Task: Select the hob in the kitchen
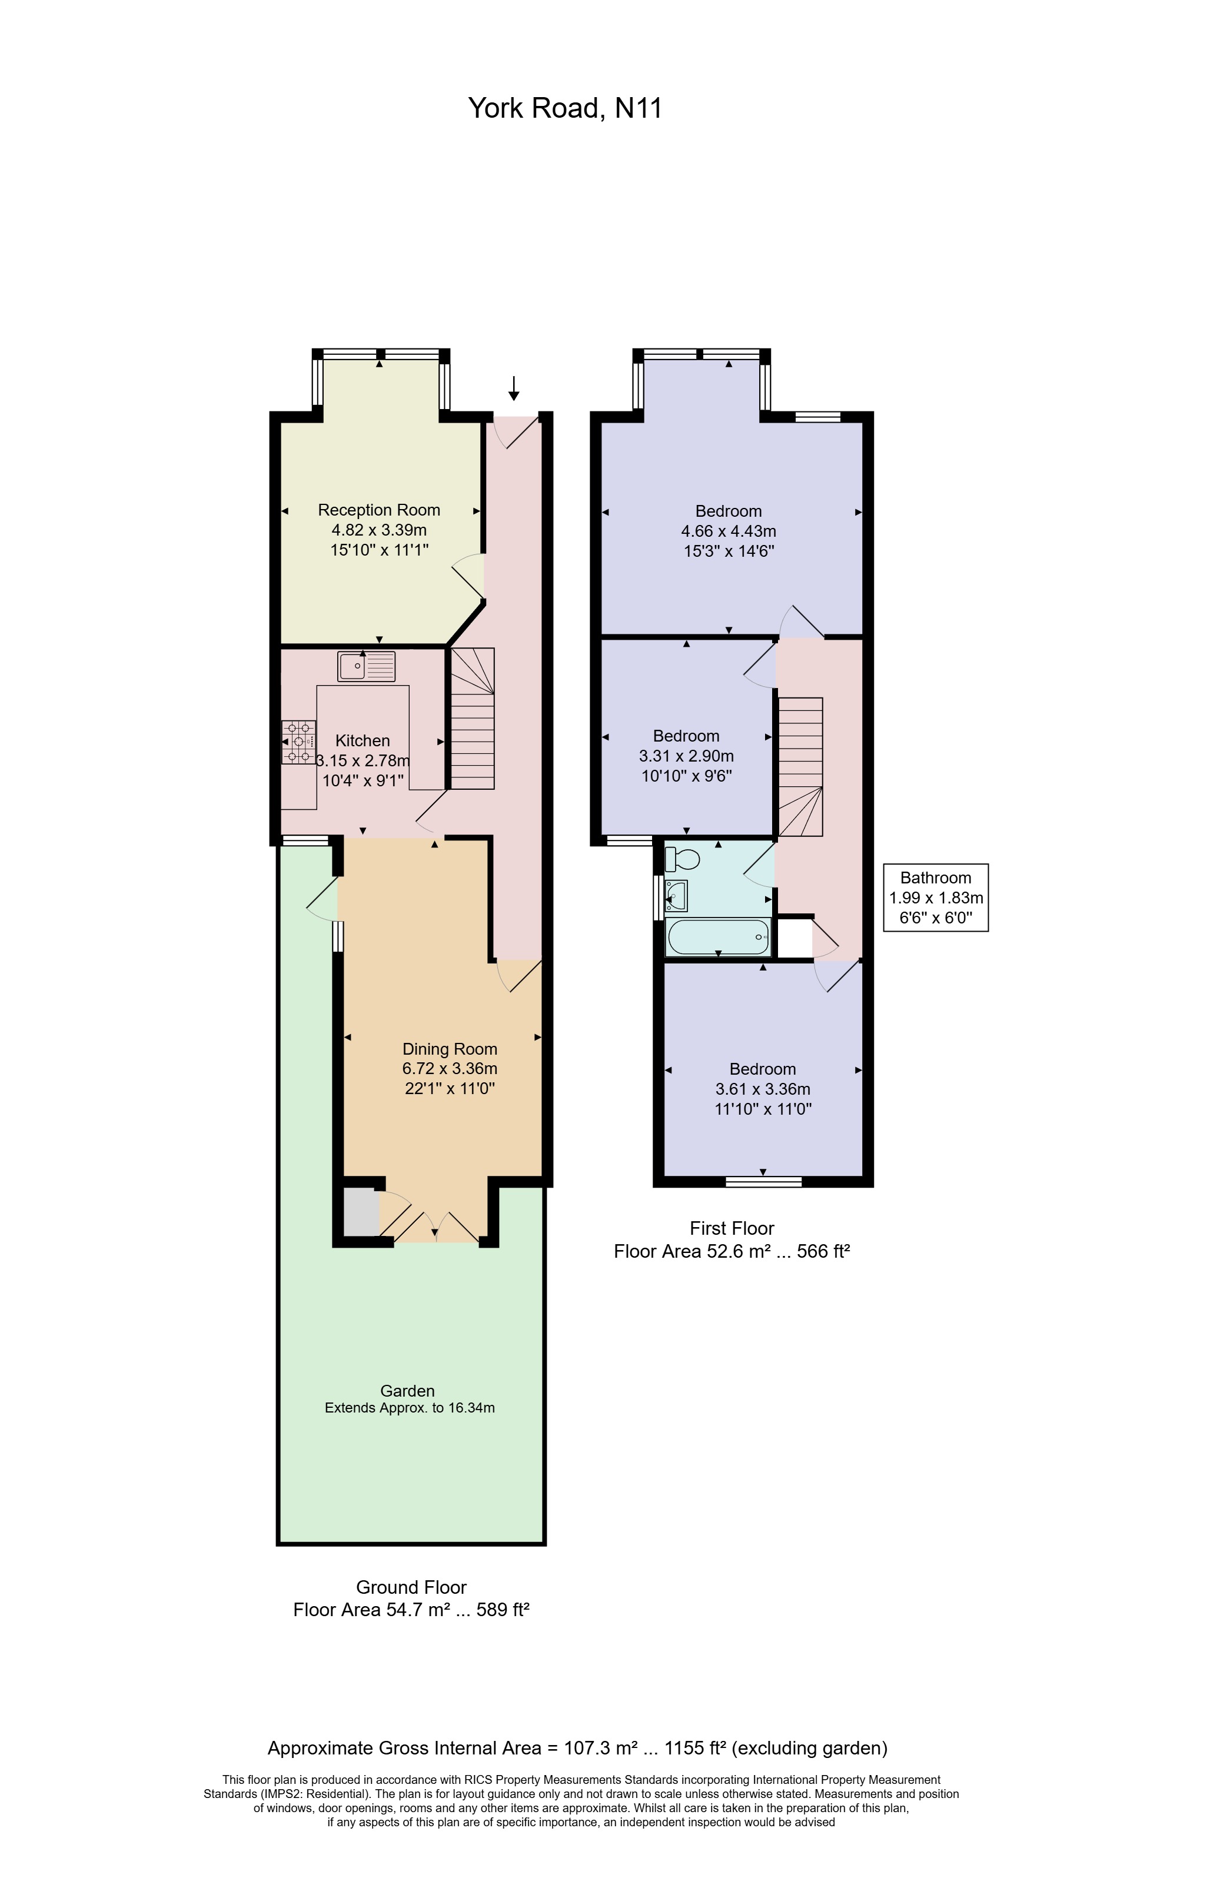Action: point(298,742)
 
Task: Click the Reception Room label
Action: point(378,510)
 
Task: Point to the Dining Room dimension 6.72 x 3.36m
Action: point(449,1069)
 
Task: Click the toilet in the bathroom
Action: point(682,859)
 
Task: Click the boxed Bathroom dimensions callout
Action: point(936,898)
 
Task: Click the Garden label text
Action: point(407,1391)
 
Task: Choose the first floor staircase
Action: point(801,766)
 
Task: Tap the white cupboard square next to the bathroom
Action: point(795,939)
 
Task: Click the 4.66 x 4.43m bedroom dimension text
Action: point(728,531)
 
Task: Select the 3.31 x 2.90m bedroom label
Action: point(686,756)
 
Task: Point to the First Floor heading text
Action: point(731,1228)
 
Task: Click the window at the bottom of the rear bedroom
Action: point(764,1182)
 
